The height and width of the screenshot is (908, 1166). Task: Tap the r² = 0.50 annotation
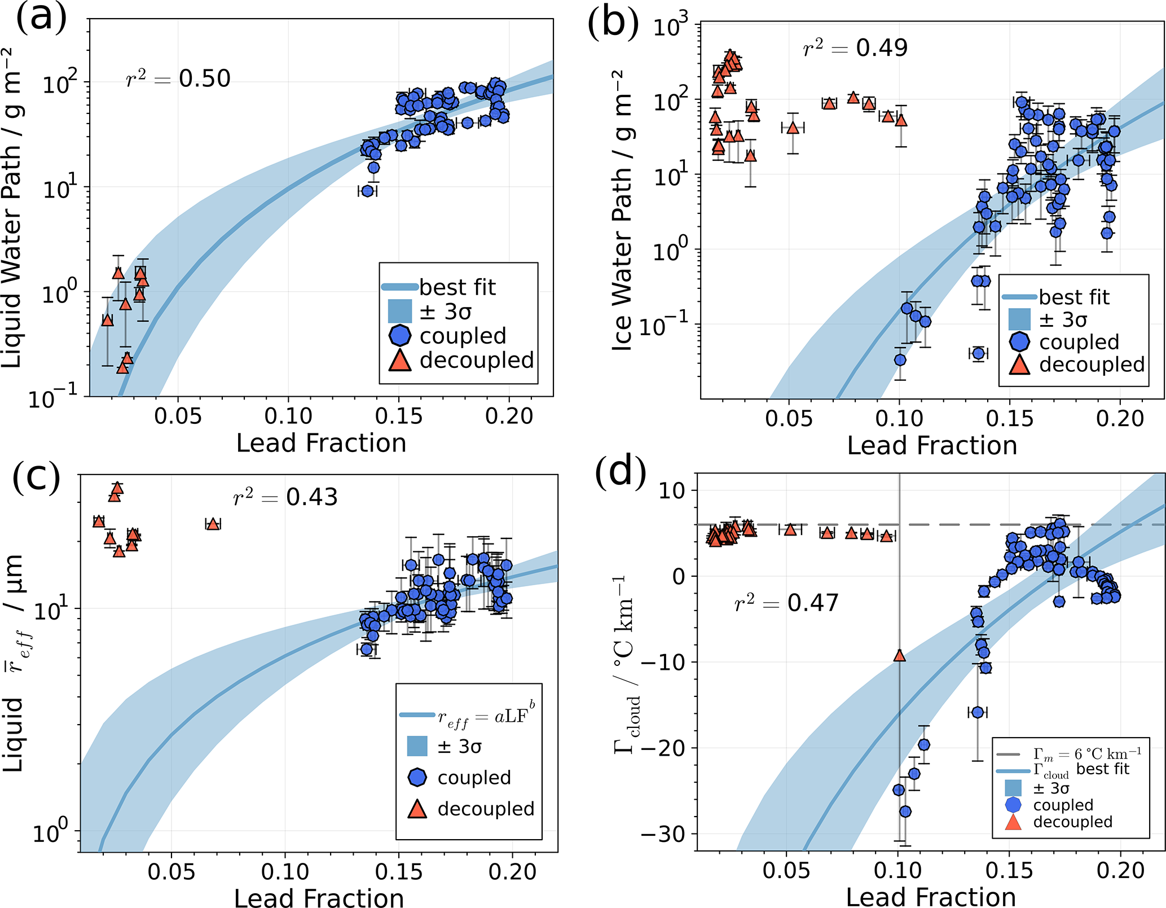[178, 79]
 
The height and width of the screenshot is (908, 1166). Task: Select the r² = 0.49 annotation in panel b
[855, 48]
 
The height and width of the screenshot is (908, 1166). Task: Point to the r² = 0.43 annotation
[285, 497]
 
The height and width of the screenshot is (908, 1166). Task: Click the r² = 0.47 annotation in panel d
[786, 603]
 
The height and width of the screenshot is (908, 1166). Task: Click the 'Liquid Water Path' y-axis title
[12, 209]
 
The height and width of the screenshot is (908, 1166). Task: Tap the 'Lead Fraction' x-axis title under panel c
[319, 897]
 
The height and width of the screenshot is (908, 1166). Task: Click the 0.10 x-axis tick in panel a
[288, 416]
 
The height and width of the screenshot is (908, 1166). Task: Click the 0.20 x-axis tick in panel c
[512, 872]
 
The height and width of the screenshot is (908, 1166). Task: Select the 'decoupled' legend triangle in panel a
[400, 361]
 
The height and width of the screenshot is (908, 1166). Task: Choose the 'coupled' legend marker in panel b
[1019, 342]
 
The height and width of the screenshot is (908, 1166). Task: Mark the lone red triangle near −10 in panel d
[899, 656]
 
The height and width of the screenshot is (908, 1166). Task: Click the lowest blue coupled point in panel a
[367, 191]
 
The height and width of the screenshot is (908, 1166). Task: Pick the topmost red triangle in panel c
[117, 488]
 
